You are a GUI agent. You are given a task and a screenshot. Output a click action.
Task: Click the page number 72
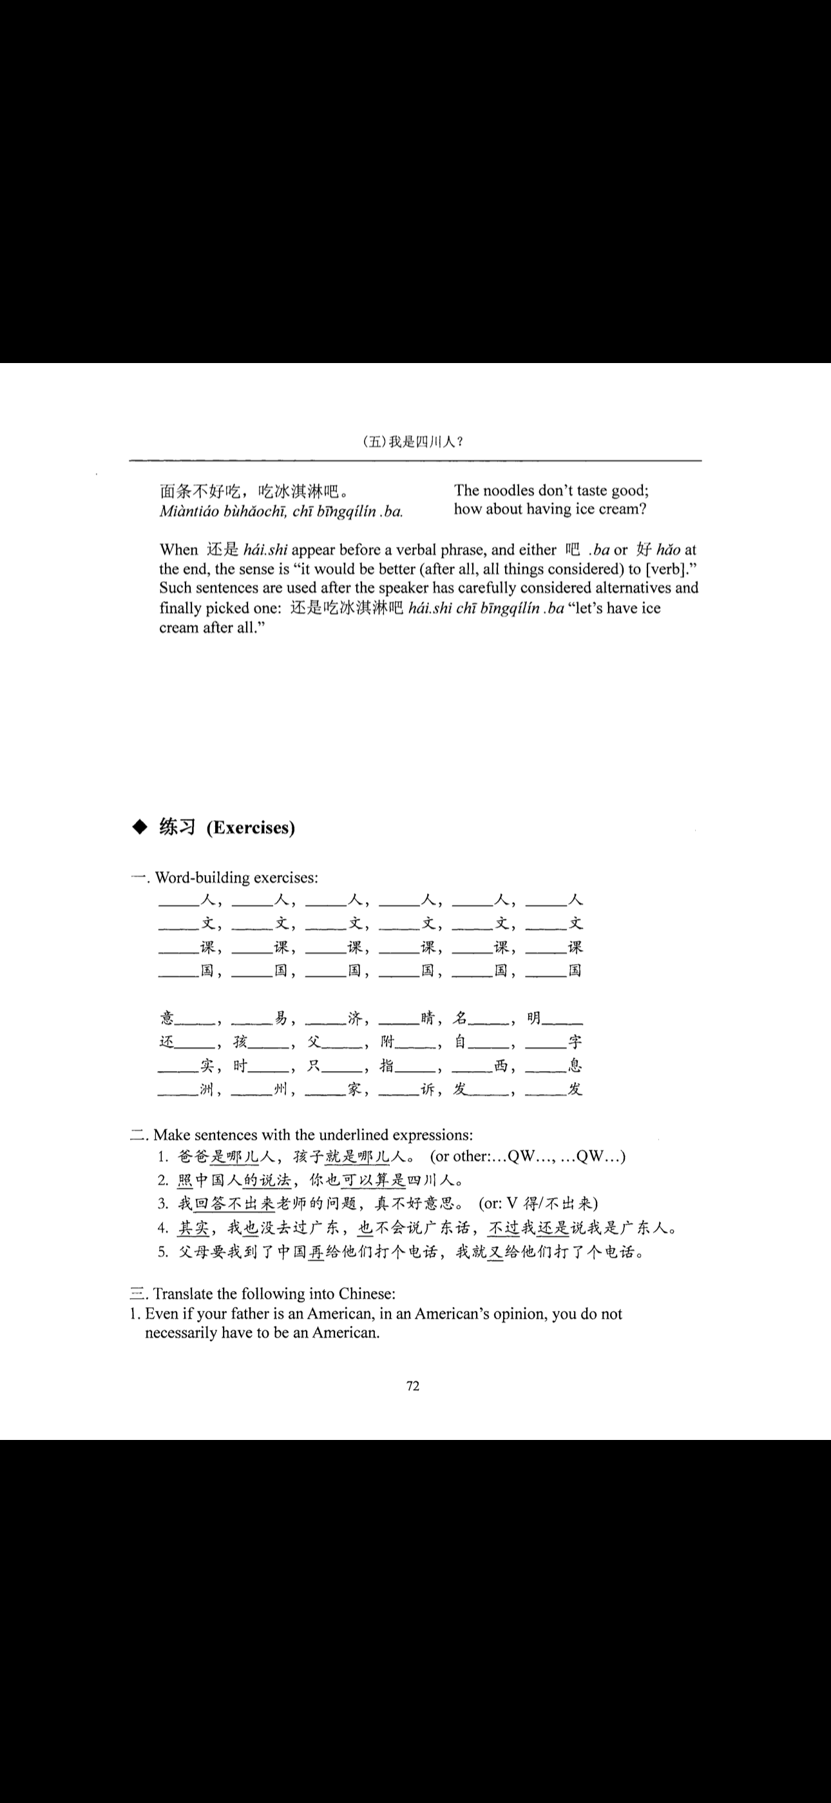pyautogui.click(x=413, y=1386)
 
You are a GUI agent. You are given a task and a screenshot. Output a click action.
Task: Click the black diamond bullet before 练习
pyautogui.click(x=140, y=827)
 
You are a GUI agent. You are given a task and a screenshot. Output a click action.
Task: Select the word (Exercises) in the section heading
pyautogui.click(x=251, y=828)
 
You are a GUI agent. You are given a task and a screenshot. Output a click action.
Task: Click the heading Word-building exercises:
pyautogui.click(x=236, y=878)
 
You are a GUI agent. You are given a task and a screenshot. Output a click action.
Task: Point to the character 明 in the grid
pyautogui.click(x=534, y=1018)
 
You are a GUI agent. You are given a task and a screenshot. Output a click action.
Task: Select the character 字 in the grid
pyautogui.click(x=575, y=1041)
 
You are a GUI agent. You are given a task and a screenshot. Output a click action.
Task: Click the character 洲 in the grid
pyautogui.click(x=207, y=1089)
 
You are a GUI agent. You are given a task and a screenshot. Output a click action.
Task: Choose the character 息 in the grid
pyautogui.click(x=575, y=1065)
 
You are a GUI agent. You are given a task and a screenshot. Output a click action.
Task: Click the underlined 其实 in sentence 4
pyautogui.click(x=193, y=1228)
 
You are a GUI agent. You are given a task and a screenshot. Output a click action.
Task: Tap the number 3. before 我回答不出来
pyautogui.click(x=163, y=1204)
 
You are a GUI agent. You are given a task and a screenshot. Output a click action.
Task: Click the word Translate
pyautogui.click(x=185, y=1294)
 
